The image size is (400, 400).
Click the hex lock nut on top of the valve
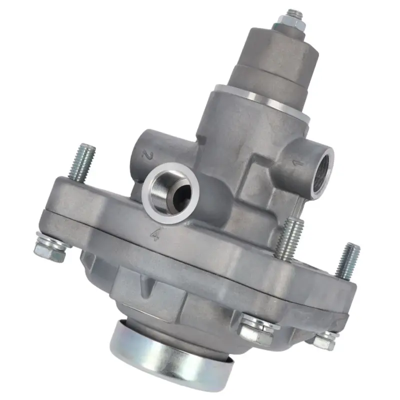coord(291,20)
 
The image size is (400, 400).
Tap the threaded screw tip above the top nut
coord(295,13)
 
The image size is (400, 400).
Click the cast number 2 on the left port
coord(147,154)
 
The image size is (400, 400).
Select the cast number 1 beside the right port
coord(297,163)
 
